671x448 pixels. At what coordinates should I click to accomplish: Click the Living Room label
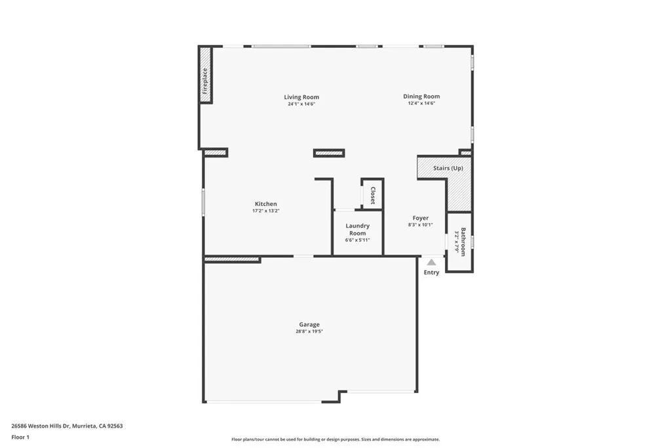point(301,97)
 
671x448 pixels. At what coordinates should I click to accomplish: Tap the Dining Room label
point(421,96)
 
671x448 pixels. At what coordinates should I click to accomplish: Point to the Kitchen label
point(265,204)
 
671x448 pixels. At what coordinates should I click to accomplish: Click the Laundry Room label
point(357,229)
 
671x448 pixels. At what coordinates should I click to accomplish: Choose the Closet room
point(372,195)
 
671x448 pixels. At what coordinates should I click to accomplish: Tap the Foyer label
point(421,218)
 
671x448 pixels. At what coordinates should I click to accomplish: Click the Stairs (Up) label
point(448,168)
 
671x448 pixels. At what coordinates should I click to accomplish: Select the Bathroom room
point(460,241)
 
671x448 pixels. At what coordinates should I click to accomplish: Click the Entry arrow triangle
point(431,262)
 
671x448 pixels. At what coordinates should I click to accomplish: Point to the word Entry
point(431,272)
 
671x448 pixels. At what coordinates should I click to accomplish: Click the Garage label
point(309,324)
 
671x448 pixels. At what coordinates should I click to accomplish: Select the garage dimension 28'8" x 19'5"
point(309,332)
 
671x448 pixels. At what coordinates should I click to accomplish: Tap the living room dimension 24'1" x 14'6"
point(301,104)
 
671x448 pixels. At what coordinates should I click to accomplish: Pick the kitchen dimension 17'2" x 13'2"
point(265,211)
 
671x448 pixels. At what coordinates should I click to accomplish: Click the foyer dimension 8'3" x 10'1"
point(421,225)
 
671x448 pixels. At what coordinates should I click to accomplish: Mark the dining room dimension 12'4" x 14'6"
point(421,104)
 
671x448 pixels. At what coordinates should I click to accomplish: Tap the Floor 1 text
point(20,437)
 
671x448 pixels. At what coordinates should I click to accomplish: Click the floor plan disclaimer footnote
point(335,439)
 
